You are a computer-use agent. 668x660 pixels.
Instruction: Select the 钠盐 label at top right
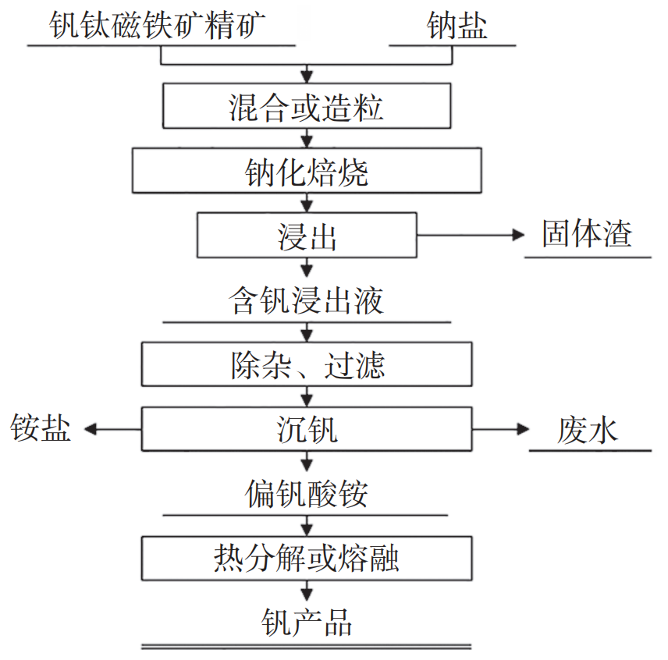pos(457,25)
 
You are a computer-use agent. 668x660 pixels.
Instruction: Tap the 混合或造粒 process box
pos(306,106)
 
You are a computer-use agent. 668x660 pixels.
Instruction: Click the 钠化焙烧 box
pos(306,171)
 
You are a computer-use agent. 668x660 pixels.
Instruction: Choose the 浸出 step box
pos(306,236)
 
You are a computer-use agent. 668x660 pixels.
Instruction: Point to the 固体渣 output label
pos(587,234)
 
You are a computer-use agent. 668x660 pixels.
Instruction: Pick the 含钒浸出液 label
pos(306,300)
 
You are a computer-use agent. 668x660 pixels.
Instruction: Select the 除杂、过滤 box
pos(306,364)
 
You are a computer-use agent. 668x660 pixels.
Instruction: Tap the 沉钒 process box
pos(306,428)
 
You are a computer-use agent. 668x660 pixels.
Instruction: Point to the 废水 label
pos(588,429)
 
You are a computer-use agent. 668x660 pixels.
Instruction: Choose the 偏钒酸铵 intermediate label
pos(306,494)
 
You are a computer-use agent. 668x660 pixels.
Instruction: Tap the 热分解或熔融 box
pos(306,558)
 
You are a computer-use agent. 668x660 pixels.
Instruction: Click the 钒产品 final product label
pos(306,623)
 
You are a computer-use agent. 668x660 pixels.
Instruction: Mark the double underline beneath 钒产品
pos(306,647)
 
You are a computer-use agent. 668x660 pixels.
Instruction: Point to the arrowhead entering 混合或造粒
pos(307,77)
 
